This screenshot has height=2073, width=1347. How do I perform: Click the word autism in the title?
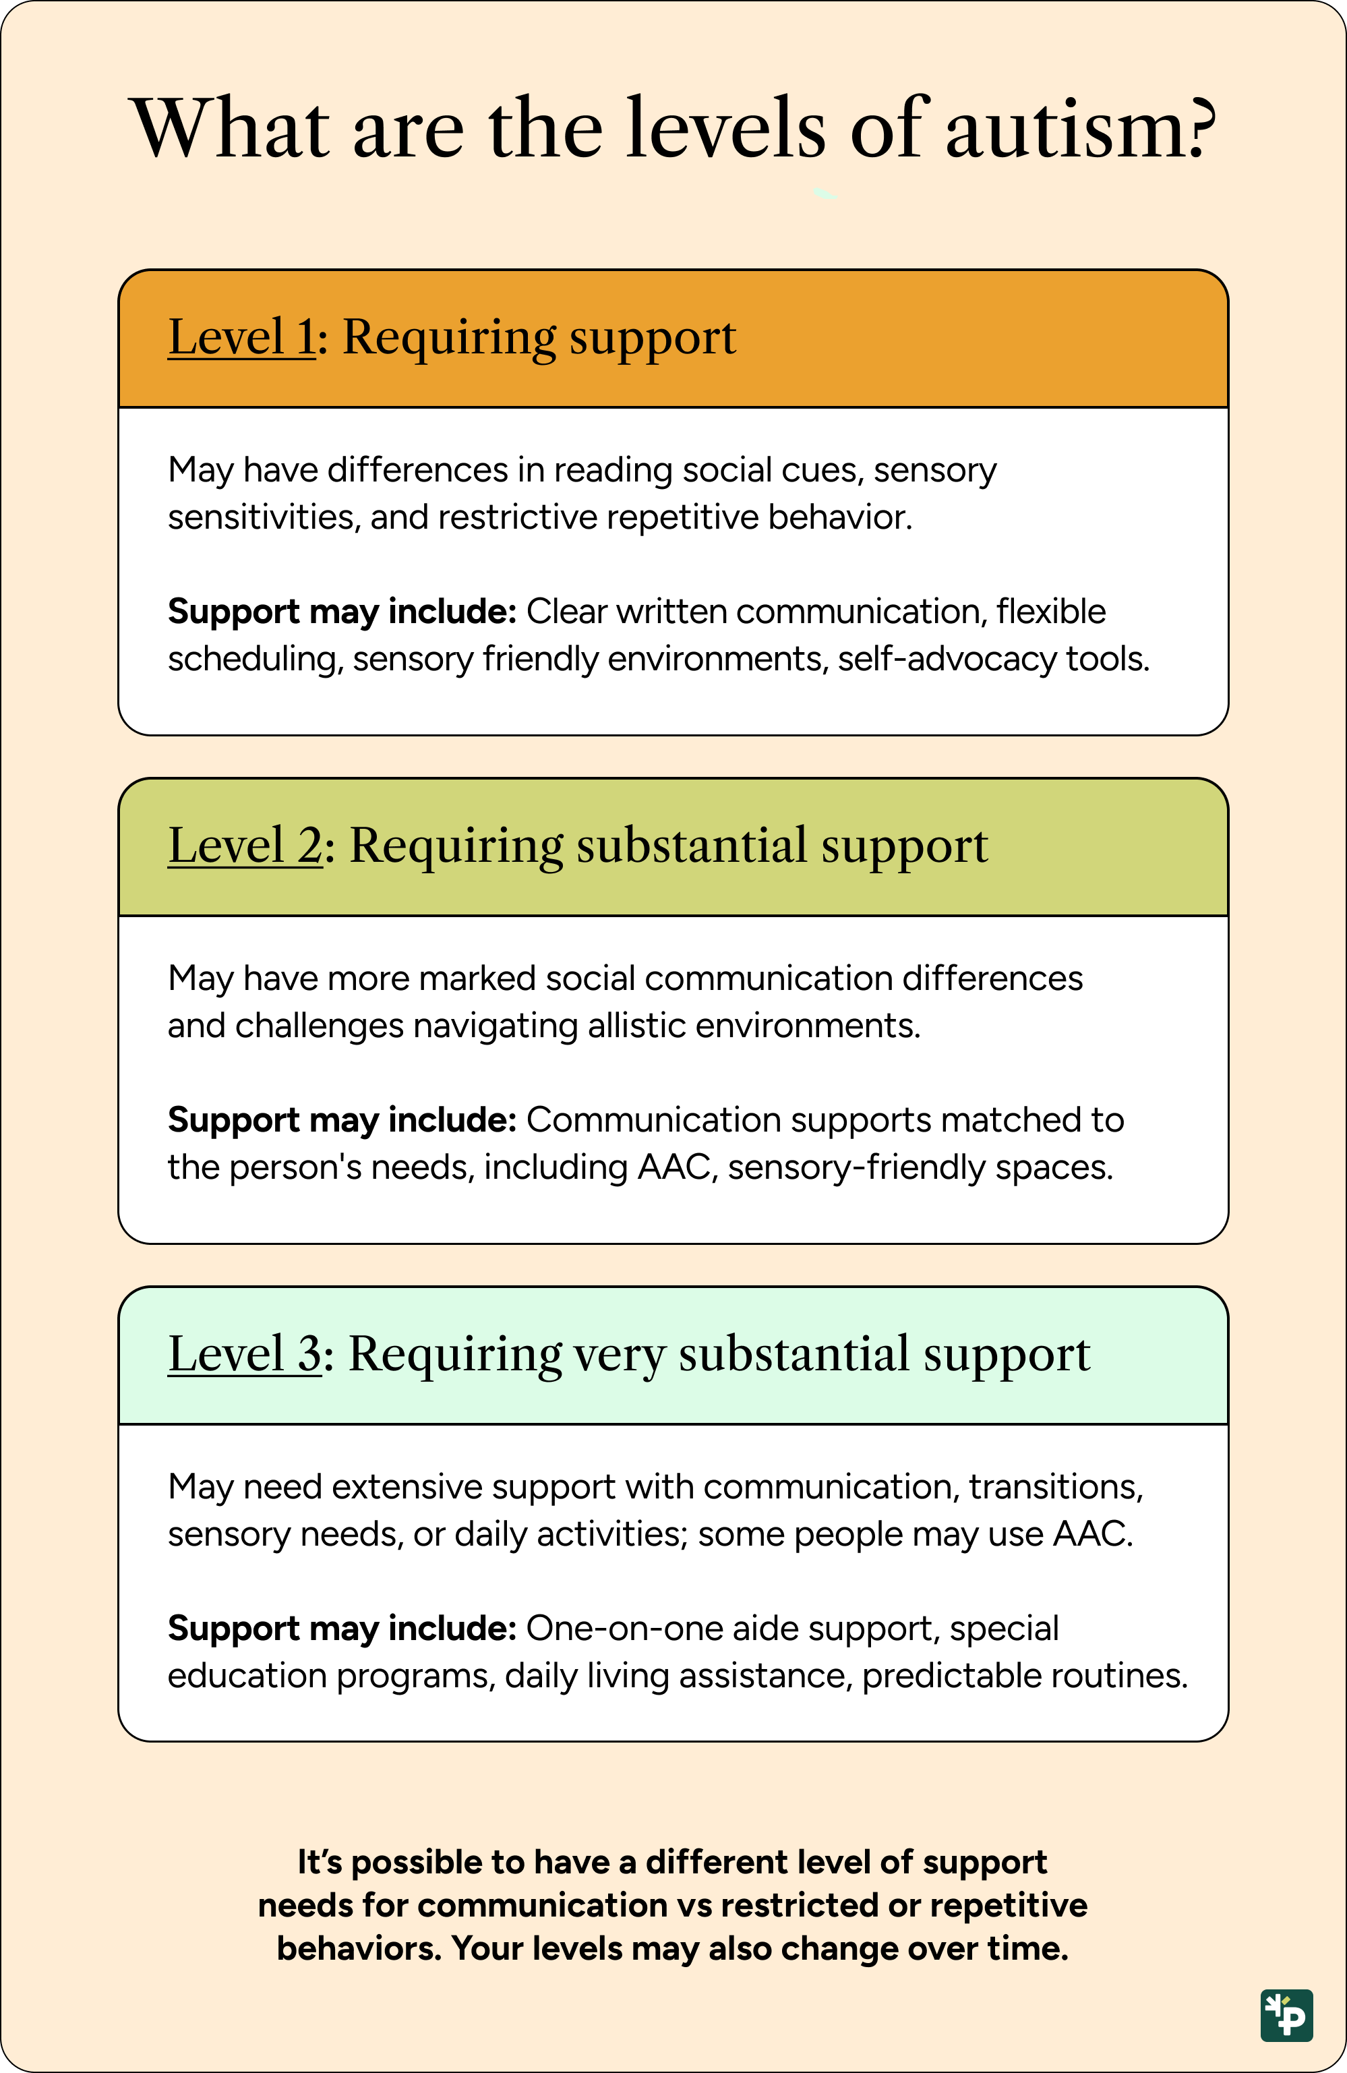point(1079,128)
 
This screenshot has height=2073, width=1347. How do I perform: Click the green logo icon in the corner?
point(1286,2014)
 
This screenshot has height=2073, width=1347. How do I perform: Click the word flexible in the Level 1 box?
point(1051,612)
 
